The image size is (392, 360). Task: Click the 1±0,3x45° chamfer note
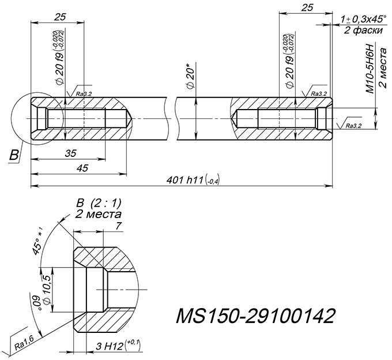pyautogui.click(x=364, y=19)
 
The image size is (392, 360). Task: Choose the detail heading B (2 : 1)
pyautogui.click(x=99, y=203)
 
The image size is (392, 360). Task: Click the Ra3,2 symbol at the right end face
pyautogui.click(x=353, y=125)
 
